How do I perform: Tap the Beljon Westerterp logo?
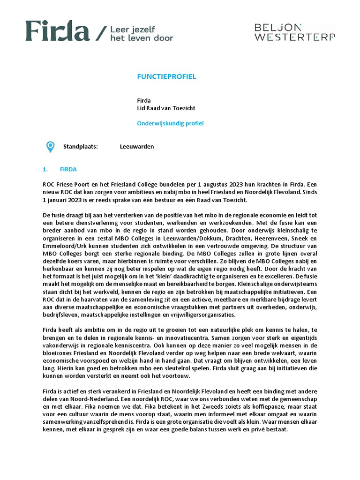point(294,32)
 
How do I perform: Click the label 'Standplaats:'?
point(81,147)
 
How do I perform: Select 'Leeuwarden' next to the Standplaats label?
point(137,147)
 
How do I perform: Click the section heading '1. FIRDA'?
point(60,169)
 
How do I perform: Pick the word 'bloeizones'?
point(56,353)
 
